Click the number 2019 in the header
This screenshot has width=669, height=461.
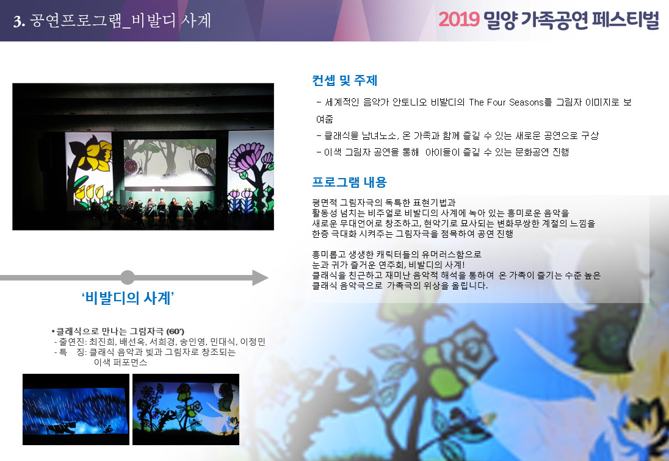pos(459,20)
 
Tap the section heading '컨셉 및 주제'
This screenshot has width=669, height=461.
pos(345,80)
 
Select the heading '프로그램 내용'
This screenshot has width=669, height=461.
pos(349,182)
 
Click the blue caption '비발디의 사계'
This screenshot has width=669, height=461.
pos(128,298)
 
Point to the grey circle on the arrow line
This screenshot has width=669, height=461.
pos(127,277)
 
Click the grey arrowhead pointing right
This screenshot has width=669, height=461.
pos(260,277)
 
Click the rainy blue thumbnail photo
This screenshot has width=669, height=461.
pos(76,409)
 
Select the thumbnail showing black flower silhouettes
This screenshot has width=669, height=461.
pos(186,409)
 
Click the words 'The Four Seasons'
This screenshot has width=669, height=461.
pos(506,102)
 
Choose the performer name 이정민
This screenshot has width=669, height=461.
pos(253,341)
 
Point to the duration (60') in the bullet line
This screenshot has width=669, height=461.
pos(175,332)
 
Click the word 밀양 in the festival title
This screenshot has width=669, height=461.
pos(500,20)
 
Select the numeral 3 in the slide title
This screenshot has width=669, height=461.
pos(18,21)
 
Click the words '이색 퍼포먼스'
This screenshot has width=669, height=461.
pos(120,362)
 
